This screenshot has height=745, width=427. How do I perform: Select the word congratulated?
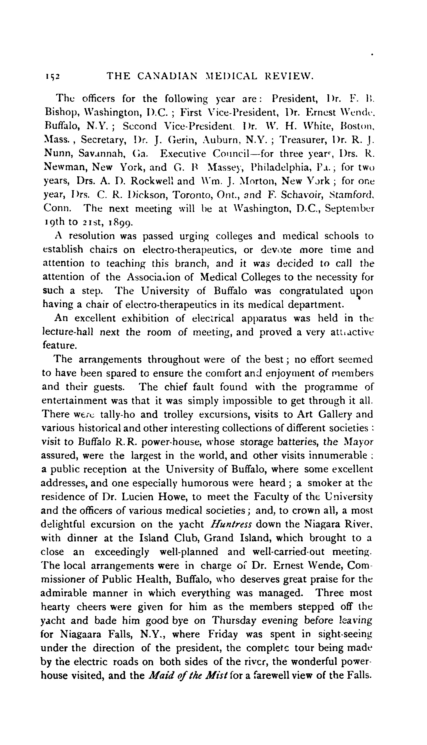point(311,291)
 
